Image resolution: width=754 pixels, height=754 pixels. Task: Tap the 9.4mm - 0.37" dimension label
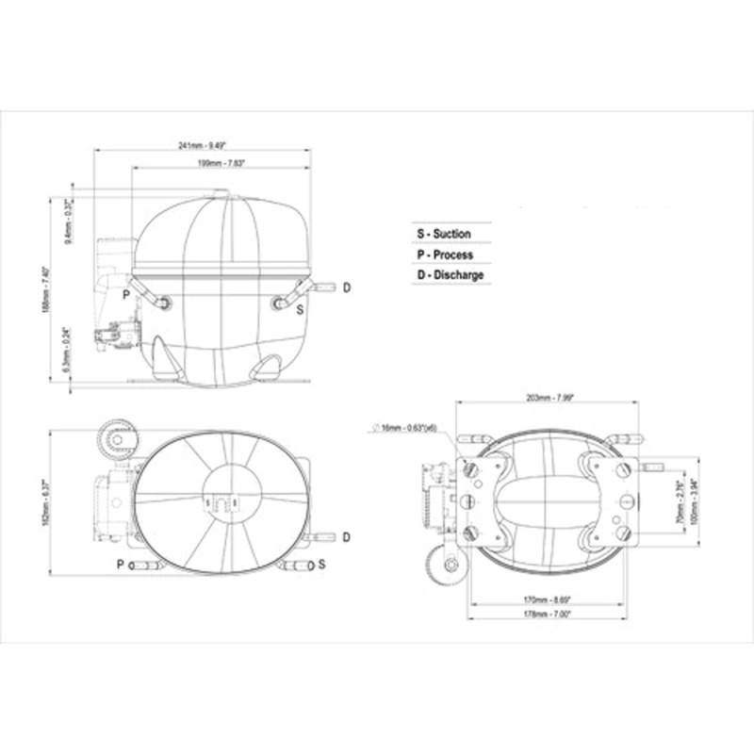67,221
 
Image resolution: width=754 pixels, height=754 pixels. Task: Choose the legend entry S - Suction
444,234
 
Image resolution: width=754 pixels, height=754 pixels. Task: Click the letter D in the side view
346,287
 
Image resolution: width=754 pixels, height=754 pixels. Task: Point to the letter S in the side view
300,308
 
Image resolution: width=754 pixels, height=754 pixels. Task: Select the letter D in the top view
346,537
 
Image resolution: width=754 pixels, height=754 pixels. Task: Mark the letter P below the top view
120,565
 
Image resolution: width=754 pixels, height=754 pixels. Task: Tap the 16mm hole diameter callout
406,429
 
